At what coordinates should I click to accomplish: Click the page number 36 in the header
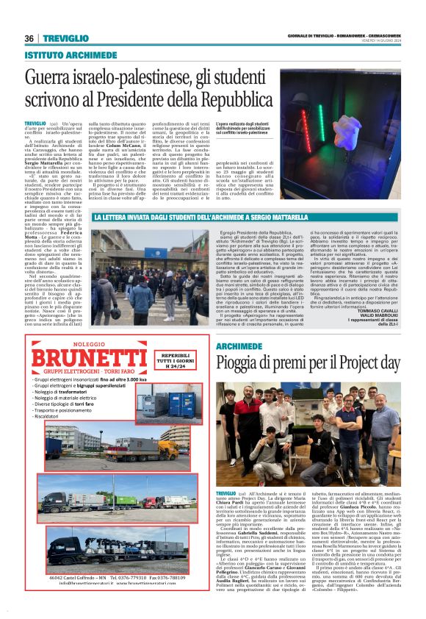pos(29,39)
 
